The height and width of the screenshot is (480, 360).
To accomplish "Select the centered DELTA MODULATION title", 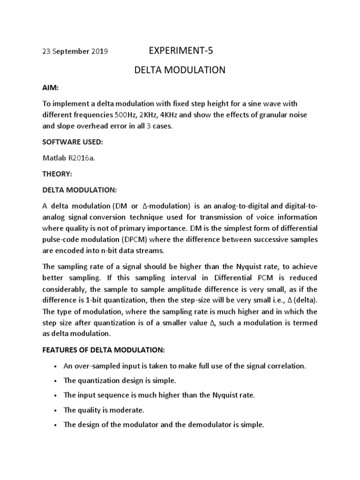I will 180,70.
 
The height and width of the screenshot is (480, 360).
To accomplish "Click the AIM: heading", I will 49,89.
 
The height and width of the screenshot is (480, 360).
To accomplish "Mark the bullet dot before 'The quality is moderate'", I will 56,411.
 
